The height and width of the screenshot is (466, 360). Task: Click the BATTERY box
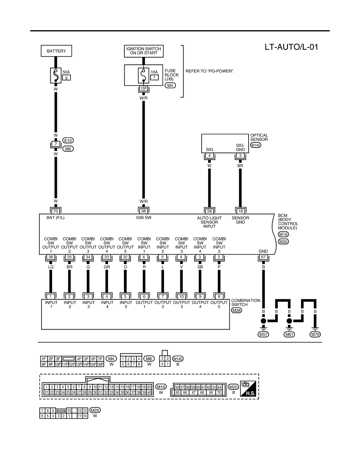(56, 51)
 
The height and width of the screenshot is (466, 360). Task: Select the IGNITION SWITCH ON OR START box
(144, 51)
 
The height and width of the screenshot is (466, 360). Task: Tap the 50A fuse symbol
(56, 75)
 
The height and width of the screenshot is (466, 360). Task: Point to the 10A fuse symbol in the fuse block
(144, 75)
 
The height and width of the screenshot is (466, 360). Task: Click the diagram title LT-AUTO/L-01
(291, 47)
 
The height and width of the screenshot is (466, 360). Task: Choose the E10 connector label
(68, 140)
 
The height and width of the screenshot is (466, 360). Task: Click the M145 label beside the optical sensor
(255, 145)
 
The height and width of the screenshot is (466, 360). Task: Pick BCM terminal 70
(56, 211)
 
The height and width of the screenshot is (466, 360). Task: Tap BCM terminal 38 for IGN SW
(144, 211)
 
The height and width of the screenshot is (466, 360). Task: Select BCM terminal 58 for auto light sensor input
(209, 211)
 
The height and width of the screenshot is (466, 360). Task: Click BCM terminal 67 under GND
(263, 257)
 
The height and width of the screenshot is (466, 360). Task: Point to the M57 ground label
(264, 334)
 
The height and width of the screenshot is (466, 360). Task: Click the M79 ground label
(315, 334)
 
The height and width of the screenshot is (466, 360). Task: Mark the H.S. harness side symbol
(248, 389)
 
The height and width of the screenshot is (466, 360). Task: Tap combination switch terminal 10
(182, 296)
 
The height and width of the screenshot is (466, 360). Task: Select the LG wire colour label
(51, 267)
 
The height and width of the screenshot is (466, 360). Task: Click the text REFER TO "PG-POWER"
(210, 71)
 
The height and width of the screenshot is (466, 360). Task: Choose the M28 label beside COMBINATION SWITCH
(236, 310)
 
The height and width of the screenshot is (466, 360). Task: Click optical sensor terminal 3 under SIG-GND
(240, 155)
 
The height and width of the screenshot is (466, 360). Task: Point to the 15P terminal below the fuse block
(144, 88)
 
